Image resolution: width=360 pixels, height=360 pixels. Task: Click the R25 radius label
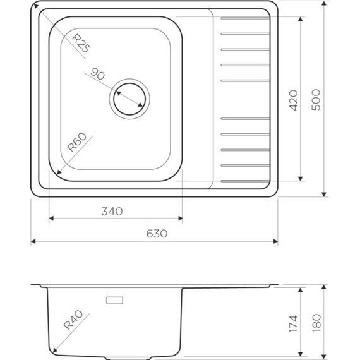pos(81,43)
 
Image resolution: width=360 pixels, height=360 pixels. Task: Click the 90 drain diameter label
pos(97,74)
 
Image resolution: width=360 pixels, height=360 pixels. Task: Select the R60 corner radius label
pos(77,142)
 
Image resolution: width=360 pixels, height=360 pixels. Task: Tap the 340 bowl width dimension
pos(112,212)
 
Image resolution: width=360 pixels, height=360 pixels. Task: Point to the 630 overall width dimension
pos(157,234)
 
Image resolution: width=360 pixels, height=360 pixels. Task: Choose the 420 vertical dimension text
pos(293,100)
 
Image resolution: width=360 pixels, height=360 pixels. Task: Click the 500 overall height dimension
pos(316,100)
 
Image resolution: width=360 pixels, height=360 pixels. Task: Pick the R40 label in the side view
pos(73,320)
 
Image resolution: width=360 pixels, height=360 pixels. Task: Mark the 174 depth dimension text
pos(293,324)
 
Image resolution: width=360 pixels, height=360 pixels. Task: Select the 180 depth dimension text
pos(316,323)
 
